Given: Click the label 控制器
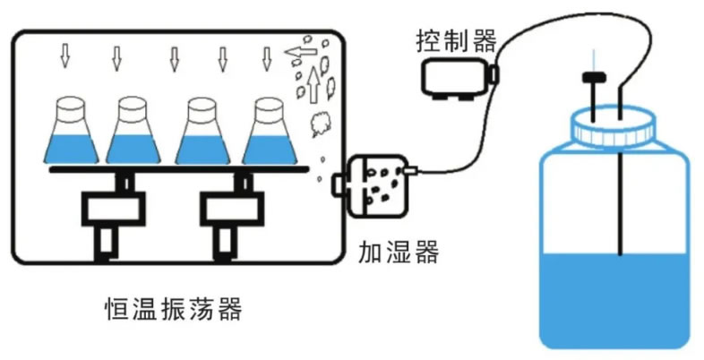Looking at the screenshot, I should (455, 39).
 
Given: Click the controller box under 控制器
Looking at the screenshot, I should (457, 75).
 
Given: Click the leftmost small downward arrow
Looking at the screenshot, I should (64, 56).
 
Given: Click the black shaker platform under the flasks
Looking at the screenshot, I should (179, 168).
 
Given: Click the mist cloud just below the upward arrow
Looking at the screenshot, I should (319, 124).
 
